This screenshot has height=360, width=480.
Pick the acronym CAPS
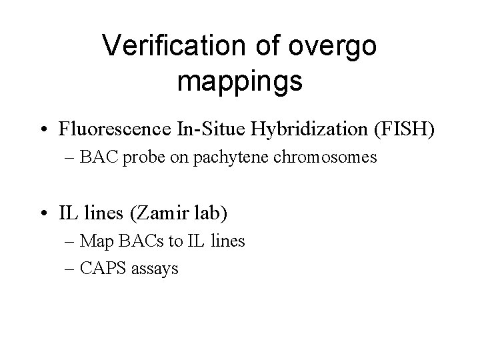[103, 269]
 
